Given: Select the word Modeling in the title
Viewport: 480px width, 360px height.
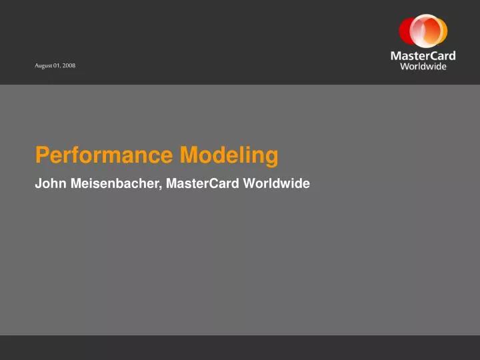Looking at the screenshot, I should point(229,155).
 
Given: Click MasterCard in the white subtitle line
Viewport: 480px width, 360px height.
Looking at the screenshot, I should point(203,183).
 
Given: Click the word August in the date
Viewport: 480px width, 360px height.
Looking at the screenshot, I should point(45,65).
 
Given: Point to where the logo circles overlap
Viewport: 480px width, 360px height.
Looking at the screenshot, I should point(423,31).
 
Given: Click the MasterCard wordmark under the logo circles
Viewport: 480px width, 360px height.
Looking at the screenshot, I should point(423,56).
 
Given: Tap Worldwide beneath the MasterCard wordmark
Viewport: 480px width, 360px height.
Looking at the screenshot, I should point(423,67).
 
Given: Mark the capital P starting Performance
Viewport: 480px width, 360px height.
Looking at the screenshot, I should point(41,155).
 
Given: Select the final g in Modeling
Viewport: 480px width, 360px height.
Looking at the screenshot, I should point(272,157).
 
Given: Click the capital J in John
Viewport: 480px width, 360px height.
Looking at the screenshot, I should point(38,183).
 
